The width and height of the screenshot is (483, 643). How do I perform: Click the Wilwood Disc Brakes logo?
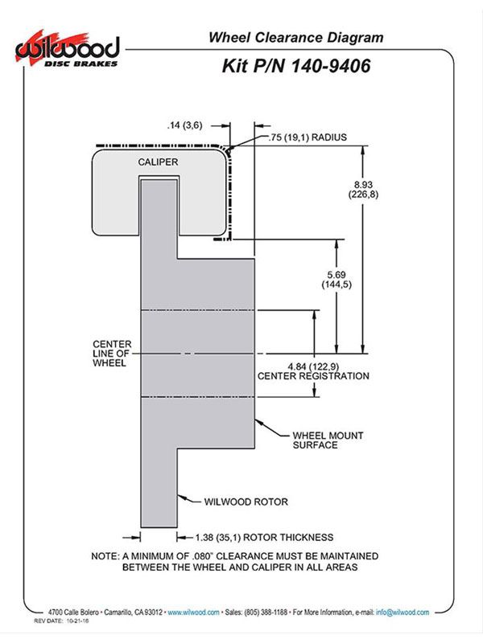tap(68, 49)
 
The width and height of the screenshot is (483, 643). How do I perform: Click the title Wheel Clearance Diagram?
tap(295, 37)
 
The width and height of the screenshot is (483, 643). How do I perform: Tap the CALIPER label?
tap(158, 162)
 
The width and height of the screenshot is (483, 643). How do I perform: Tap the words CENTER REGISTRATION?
tap(313, 376)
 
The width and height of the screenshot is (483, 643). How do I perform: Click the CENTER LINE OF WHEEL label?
tap(112, 354)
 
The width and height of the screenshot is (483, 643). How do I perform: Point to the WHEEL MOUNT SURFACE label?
tap(328, 440)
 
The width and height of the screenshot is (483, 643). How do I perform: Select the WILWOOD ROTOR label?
tap(246, 502)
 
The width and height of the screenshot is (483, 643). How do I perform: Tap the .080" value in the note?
tap(202, 556)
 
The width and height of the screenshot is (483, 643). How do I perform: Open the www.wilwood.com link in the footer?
tap(193, 612)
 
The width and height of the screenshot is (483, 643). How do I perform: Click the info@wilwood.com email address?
tap(402, 612)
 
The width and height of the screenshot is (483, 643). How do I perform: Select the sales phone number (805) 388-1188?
tap(266, 612)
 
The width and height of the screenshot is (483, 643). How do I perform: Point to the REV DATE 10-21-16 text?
tap(61, 620)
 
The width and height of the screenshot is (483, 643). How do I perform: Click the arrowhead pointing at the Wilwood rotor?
tap(182, 498)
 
